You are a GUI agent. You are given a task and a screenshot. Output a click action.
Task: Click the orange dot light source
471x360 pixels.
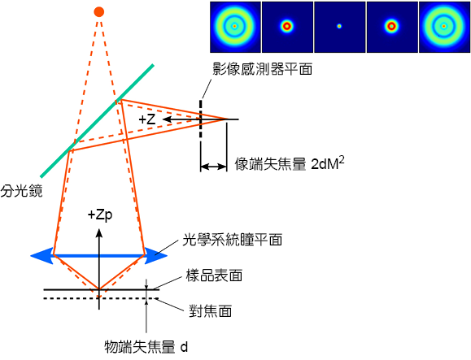pyautogui.click(x=98, y=12)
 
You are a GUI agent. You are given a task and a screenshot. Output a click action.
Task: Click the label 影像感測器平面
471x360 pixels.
pyautogui.click(x=262, y=69)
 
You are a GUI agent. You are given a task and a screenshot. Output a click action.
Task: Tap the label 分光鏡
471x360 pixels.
pyautogui.click(x=21, y=191)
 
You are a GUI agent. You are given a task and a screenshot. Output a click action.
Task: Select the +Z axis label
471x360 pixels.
pyautogui.click(x=147, y=119)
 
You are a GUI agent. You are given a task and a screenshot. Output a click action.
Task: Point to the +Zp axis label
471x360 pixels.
pyautogui.click(x=100, y=215)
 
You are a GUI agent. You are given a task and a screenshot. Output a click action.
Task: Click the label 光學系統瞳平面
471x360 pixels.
pyautogui.click(x=233, y=240)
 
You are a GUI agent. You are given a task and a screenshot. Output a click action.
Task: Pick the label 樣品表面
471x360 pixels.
pyautogui.click(x=214, y=275)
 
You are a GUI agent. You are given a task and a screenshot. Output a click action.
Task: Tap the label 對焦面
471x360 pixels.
pyautogui.click(x=210, y=310)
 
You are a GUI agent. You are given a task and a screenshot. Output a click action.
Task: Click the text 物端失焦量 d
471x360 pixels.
pyautogui.click(x=146, y=347)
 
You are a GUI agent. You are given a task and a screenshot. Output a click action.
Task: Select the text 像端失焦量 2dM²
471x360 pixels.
pyautogui.click(x=290, y=163)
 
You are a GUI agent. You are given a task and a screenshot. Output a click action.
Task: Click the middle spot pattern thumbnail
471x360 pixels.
pyautogui.click(x=339, y=26)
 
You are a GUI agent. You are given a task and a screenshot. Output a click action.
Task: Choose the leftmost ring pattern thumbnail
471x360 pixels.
pyautogui.click(x=235, y=27)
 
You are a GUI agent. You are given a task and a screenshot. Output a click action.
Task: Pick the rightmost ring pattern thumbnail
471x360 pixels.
pyautogui.click(x=445, y=27)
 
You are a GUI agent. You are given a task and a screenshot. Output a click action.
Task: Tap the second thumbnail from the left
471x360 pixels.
pyautogui.click(x=287, y=27)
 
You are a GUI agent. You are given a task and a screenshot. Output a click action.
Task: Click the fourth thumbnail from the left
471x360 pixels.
pyautogui.click(x=392, y=27)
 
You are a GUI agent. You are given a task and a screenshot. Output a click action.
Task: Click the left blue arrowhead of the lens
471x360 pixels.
pyautogui.click(x=42, y=256)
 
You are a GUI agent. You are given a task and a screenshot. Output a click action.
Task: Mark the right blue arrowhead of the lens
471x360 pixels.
pyautogui.click(x=156, y=256)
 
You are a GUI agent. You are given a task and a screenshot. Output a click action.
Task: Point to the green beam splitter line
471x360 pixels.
pyautogui.click(x=98, y=120)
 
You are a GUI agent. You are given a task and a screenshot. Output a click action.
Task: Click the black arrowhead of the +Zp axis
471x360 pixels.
pyautogui.click(x=99, y=233)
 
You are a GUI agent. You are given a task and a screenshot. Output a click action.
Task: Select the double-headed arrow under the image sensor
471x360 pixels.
pyautogui.click(x=214, y=167)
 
